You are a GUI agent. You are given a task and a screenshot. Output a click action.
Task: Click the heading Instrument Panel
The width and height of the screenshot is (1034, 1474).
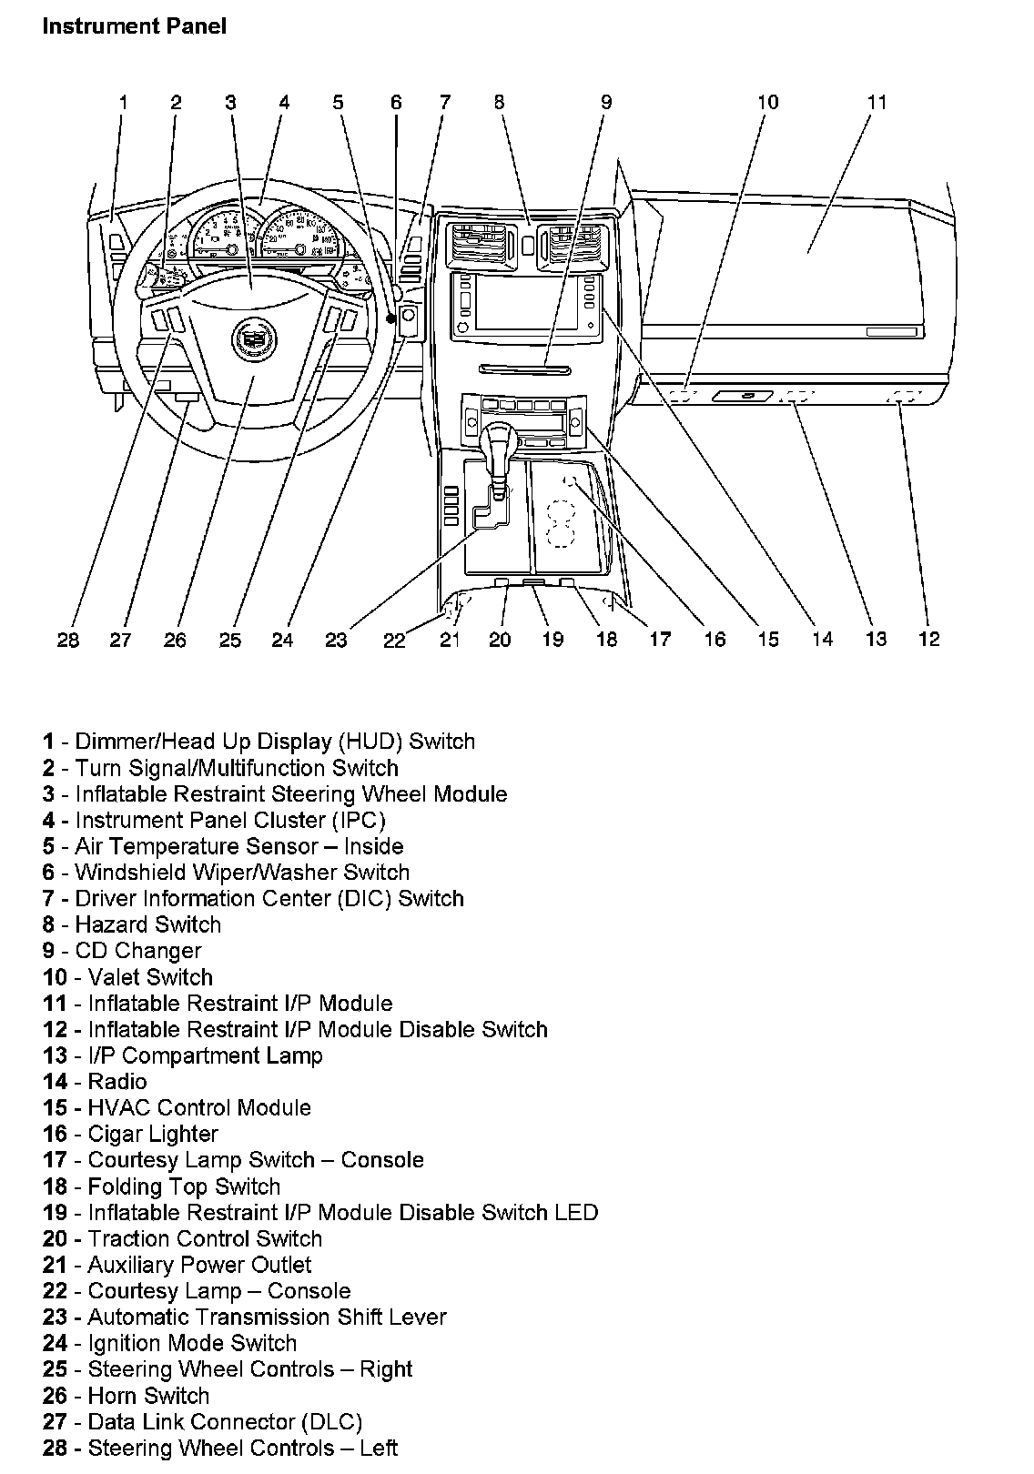pyautogui.click(x=134, y=26)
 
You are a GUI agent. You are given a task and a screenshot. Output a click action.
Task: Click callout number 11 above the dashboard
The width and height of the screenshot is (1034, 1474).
pyautogui.click(x=876, y=102)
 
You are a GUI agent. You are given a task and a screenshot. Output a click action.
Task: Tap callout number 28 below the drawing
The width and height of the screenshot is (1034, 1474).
pyautogui.click(x=68, y=641)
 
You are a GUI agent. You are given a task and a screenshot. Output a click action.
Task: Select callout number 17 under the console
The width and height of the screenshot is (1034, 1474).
pyautogui.click(x=659, y=640)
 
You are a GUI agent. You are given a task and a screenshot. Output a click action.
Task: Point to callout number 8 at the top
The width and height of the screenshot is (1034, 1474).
pyautogui.click(x=499, y=102)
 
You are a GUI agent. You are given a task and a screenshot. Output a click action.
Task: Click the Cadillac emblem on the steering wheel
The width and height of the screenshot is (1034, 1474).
pyautogui.click(x=248, y=338)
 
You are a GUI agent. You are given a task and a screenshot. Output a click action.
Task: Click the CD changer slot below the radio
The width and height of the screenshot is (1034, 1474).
pyautogui.click(x=524, y=368)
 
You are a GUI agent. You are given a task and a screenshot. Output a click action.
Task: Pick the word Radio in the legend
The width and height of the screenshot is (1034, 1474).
pyautogui.click(x=117, y=1082)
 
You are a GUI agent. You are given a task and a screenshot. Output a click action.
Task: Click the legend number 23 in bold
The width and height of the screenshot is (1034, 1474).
pyautogui.click(x=55, y=1318)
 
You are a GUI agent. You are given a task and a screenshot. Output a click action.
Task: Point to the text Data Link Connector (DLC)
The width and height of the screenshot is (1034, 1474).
pyautogui.click(x=225, y=1422)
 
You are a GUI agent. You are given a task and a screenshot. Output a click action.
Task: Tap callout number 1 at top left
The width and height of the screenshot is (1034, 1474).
pyautogui.click(x=123, y=102)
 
